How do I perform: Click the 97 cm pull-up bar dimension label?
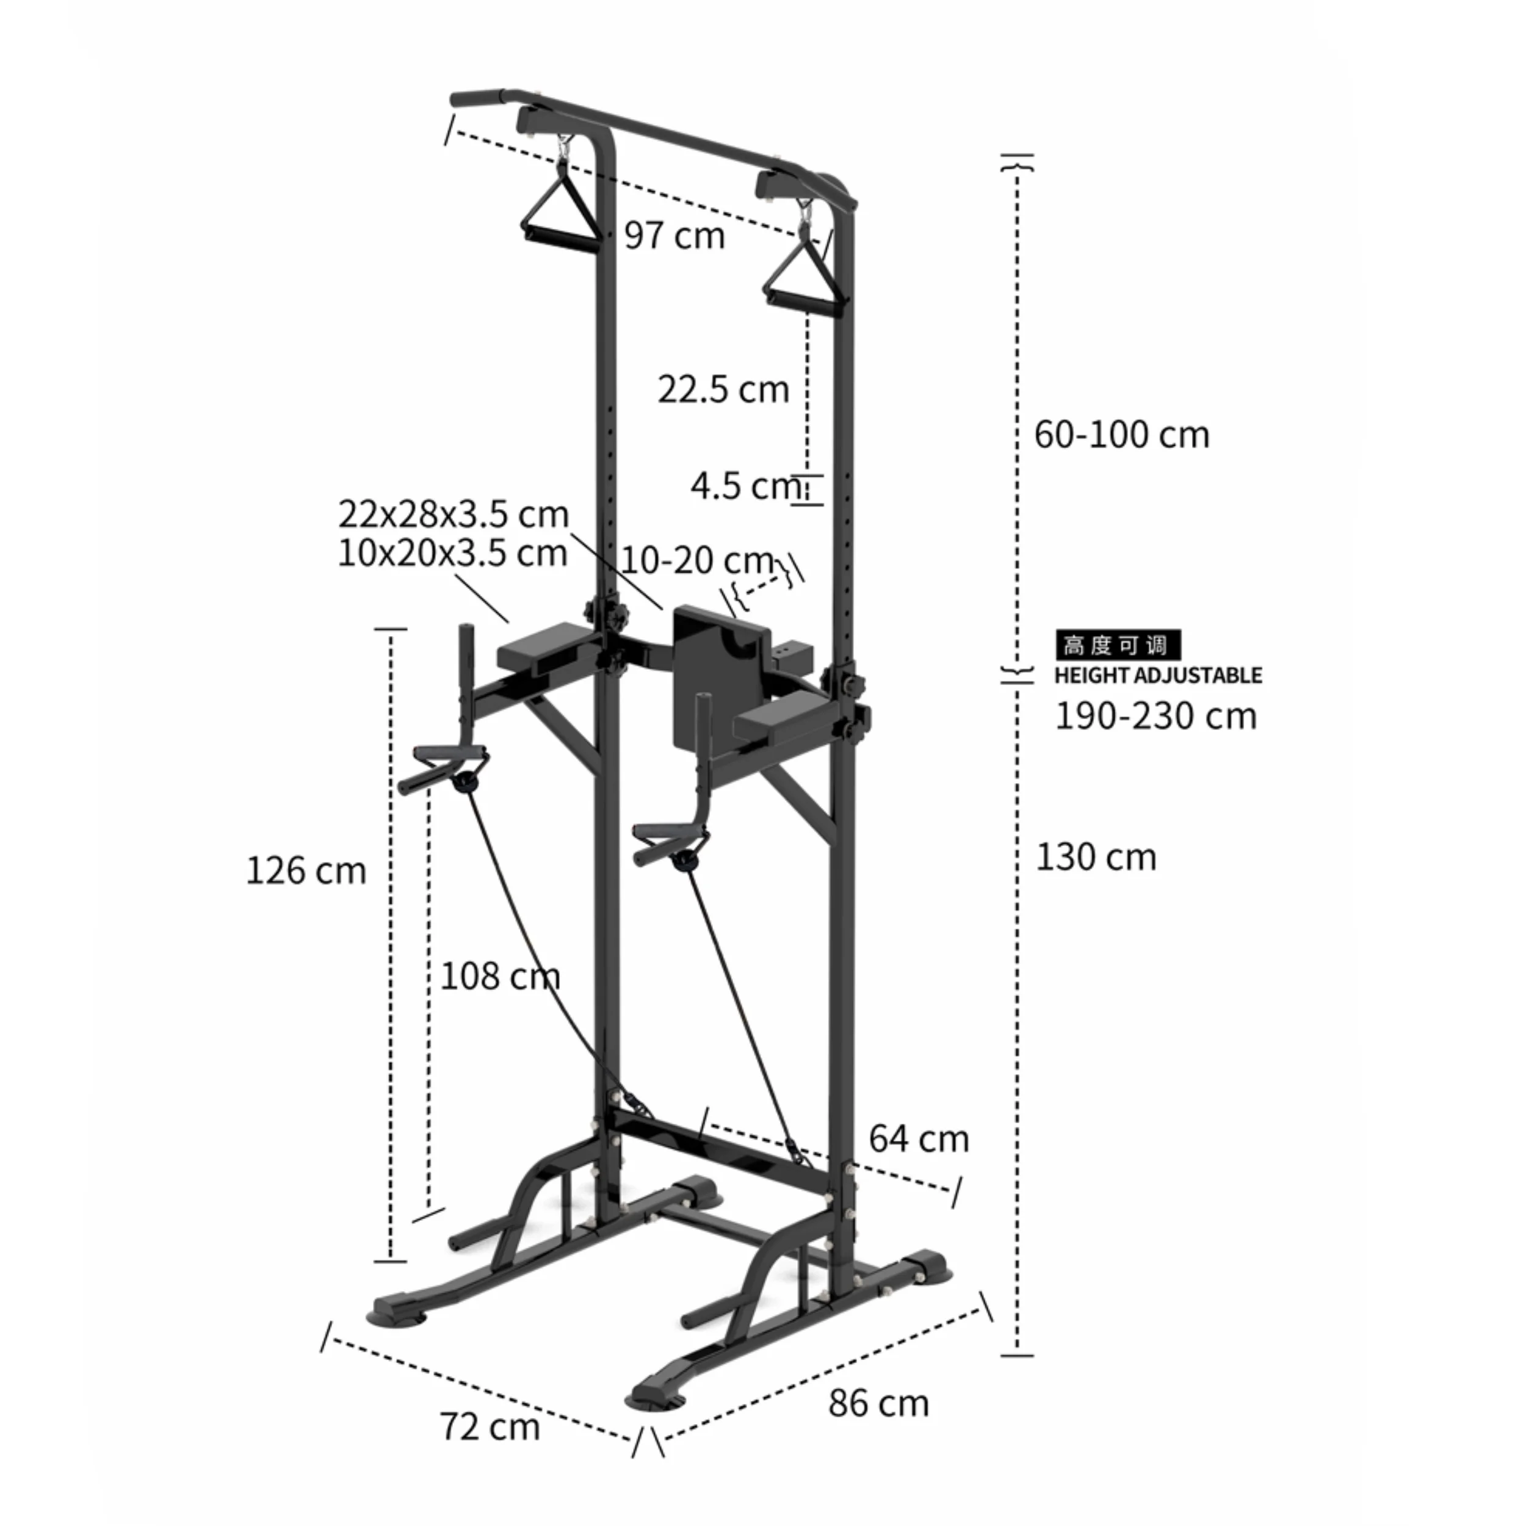(674, 236)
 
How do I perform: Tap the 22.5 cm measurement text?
(723, 389)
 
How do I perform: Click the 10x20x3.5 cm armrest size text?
(452, 553)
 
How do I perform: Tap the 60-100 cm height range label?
(1121, 435)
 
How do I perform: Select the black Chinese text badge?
(1117, 645)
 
